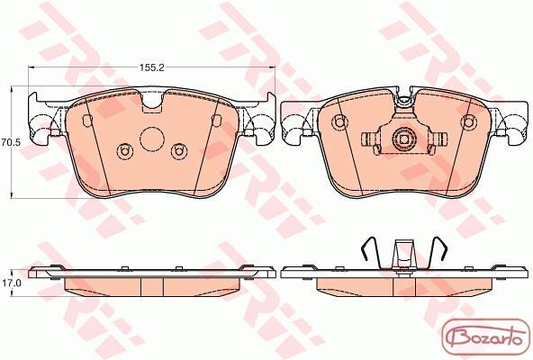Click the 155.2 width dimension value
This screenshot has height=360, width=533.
pyautogui.click(x=151, y=67)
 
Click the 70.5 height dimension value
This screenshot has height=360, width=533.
pyautogui.click(x=11, y=142)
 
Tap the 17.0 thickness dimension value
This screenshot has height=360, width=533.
pyautogui.click(x=11, y=283)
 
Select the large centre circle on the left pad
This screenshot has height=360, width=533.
pyautogui.click(x=152, y=139)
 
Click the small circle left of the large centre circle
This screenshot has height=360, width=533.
pyautogui.click(x=123, y=151)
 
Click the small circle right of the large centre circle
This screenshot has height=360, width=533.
pyautogui.click(x=178, y=151)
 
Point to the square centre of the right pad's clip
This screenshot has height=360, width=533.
pyautogui.click(x=404, y=139)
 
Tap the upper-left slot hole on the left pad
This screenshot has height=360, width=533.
pyautogui.click(x=87, y=121)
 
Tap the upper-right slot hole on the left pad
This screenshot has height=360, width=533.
pyautogui.click(x=216, y=121)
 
